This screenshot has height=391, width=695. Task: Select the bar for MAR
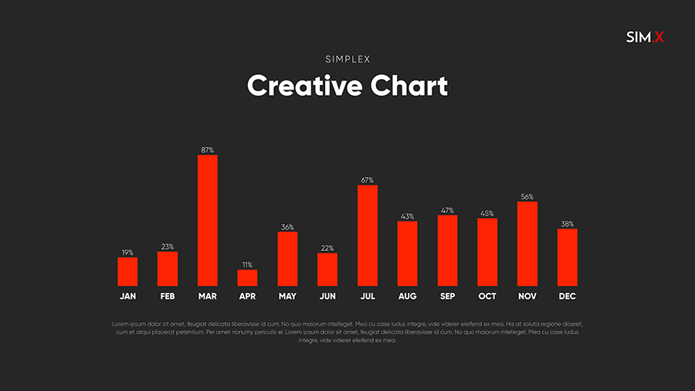click(207, 220)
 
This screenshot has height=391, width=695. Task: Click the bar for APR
click(247, 277)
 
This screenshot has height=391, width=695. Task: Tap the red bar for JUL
click(368, 235)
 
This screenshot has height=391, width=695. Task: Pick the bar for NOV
click(527, 243)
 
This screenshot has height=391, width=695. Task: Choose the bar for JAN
click(127, 271)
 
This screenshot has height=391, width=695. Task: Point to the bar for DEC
click(568, 257)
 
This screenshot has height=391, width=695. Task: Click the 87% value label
click(207, 150)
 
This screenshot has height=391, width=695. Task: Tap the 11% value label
click(247, 264)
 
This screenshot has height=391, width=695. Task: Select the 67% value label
click(368, 180)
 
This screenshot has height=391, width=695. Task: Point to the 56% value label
click(527, 197)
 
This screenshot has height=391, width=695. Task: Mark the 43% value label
click(408, 216)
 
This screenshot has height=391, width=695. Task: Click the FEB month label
click(168, 296)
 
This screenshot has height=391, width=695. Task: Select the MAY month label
click(287, 296)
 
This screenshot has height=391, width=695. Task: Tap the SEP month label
click(447, 296)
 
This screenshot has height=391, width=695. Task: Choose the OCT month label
click(487, 296)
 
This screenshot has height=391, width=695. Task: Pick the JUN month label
click(327, 296)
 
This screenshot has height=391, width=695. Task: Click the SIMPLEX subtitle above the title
click(347, 59)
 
